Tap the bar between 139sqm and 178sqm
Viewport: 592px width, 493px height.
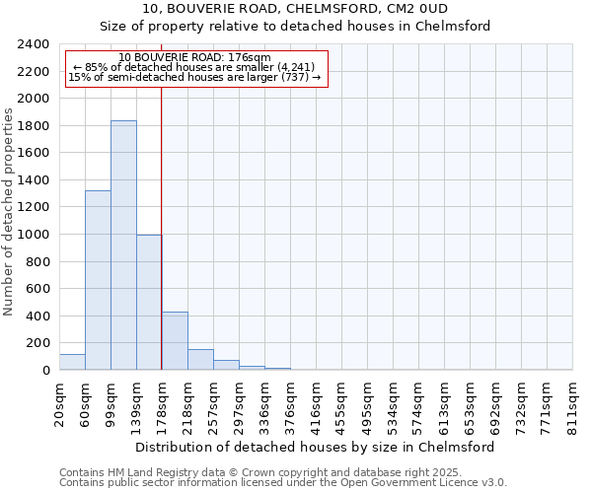click(149, 302)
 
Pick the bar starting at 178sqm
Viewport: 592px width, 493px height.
click(175, 341)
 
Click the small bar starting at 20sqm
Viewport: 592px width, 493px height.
click(72, 362)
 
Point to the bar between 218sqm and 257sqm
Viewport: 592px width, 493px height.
click(200, 360)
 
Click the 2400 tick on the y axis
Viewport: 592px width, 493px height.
click(35, 44)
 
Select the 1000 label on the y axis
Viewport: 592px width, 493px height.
click(35, 235)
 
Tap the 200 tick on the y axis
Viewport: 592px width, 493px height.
click(38, 343)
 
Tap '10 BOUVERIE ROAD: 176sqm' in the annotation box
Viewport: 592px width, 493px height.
click(193, 58)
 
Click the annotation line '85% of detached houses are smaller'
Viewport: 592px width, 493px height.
click(193, 68)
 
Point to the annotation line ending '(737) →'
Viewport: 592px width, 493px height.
click(193, 78)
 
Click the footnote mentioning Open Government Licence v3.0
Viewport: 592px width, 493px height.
click(283, 482)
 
